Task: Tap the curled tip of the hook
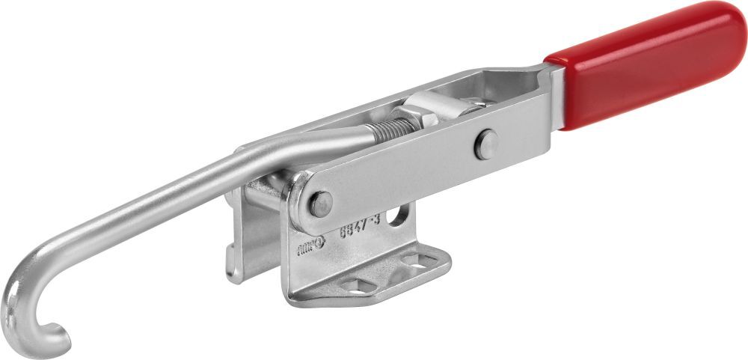click(51, 329)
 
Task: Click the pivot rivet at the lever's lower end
click(320, 203)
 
